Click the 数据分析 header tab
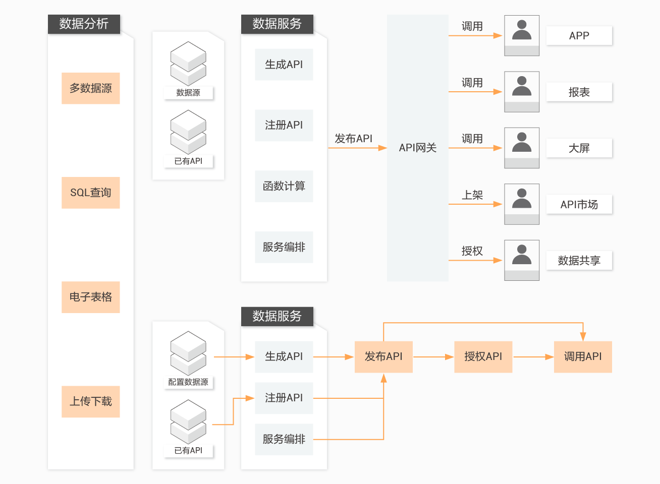click(84, 24)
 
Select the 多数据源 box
click(91, 88)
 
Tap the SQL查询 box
click(91, 193)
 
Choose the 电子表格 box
click(91, 297)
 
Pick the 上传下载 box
click(91, 401)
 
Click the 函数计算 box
click(284, 186)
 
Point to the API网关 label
click(417, 148)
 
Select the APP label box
click(579, 36)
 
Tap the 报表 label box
click(579, 92)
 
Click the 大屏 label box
click(579, 148)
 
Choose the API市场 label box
click(579, 205)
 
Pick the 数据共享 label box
click(579, 261)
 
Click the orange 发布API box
click(383, 356)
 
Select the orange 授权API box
click(483, 356)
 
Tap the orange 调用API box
click(583, 356)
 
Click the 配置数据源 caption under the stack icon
click(188, 382)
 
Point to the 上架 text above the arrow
click(472, 195)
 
